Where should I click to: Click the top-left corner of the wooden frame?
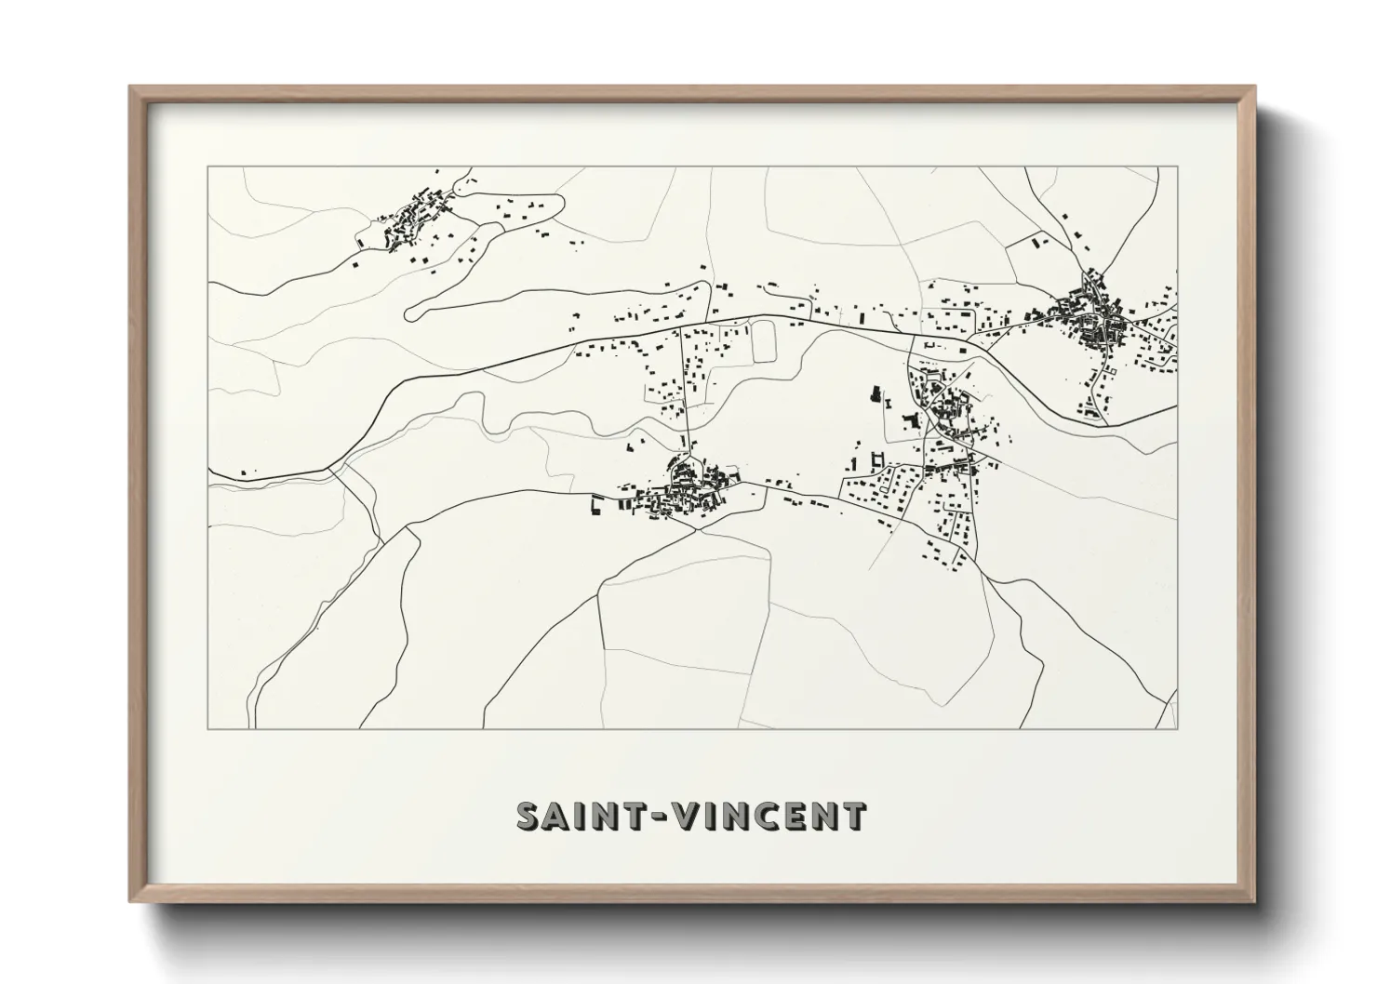(x=130, y=87)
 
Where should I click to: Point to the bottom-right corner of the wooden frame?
(x=1254, y=901)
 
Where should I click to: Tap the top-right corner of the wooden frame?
(x=1254, y=87)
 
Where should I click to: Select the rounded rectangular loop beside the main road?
(x=763, y=340)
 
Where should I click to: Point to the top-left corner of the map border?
(x=207, y=166)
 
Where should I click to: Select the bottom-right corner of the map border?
(x=1178, y=729)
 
